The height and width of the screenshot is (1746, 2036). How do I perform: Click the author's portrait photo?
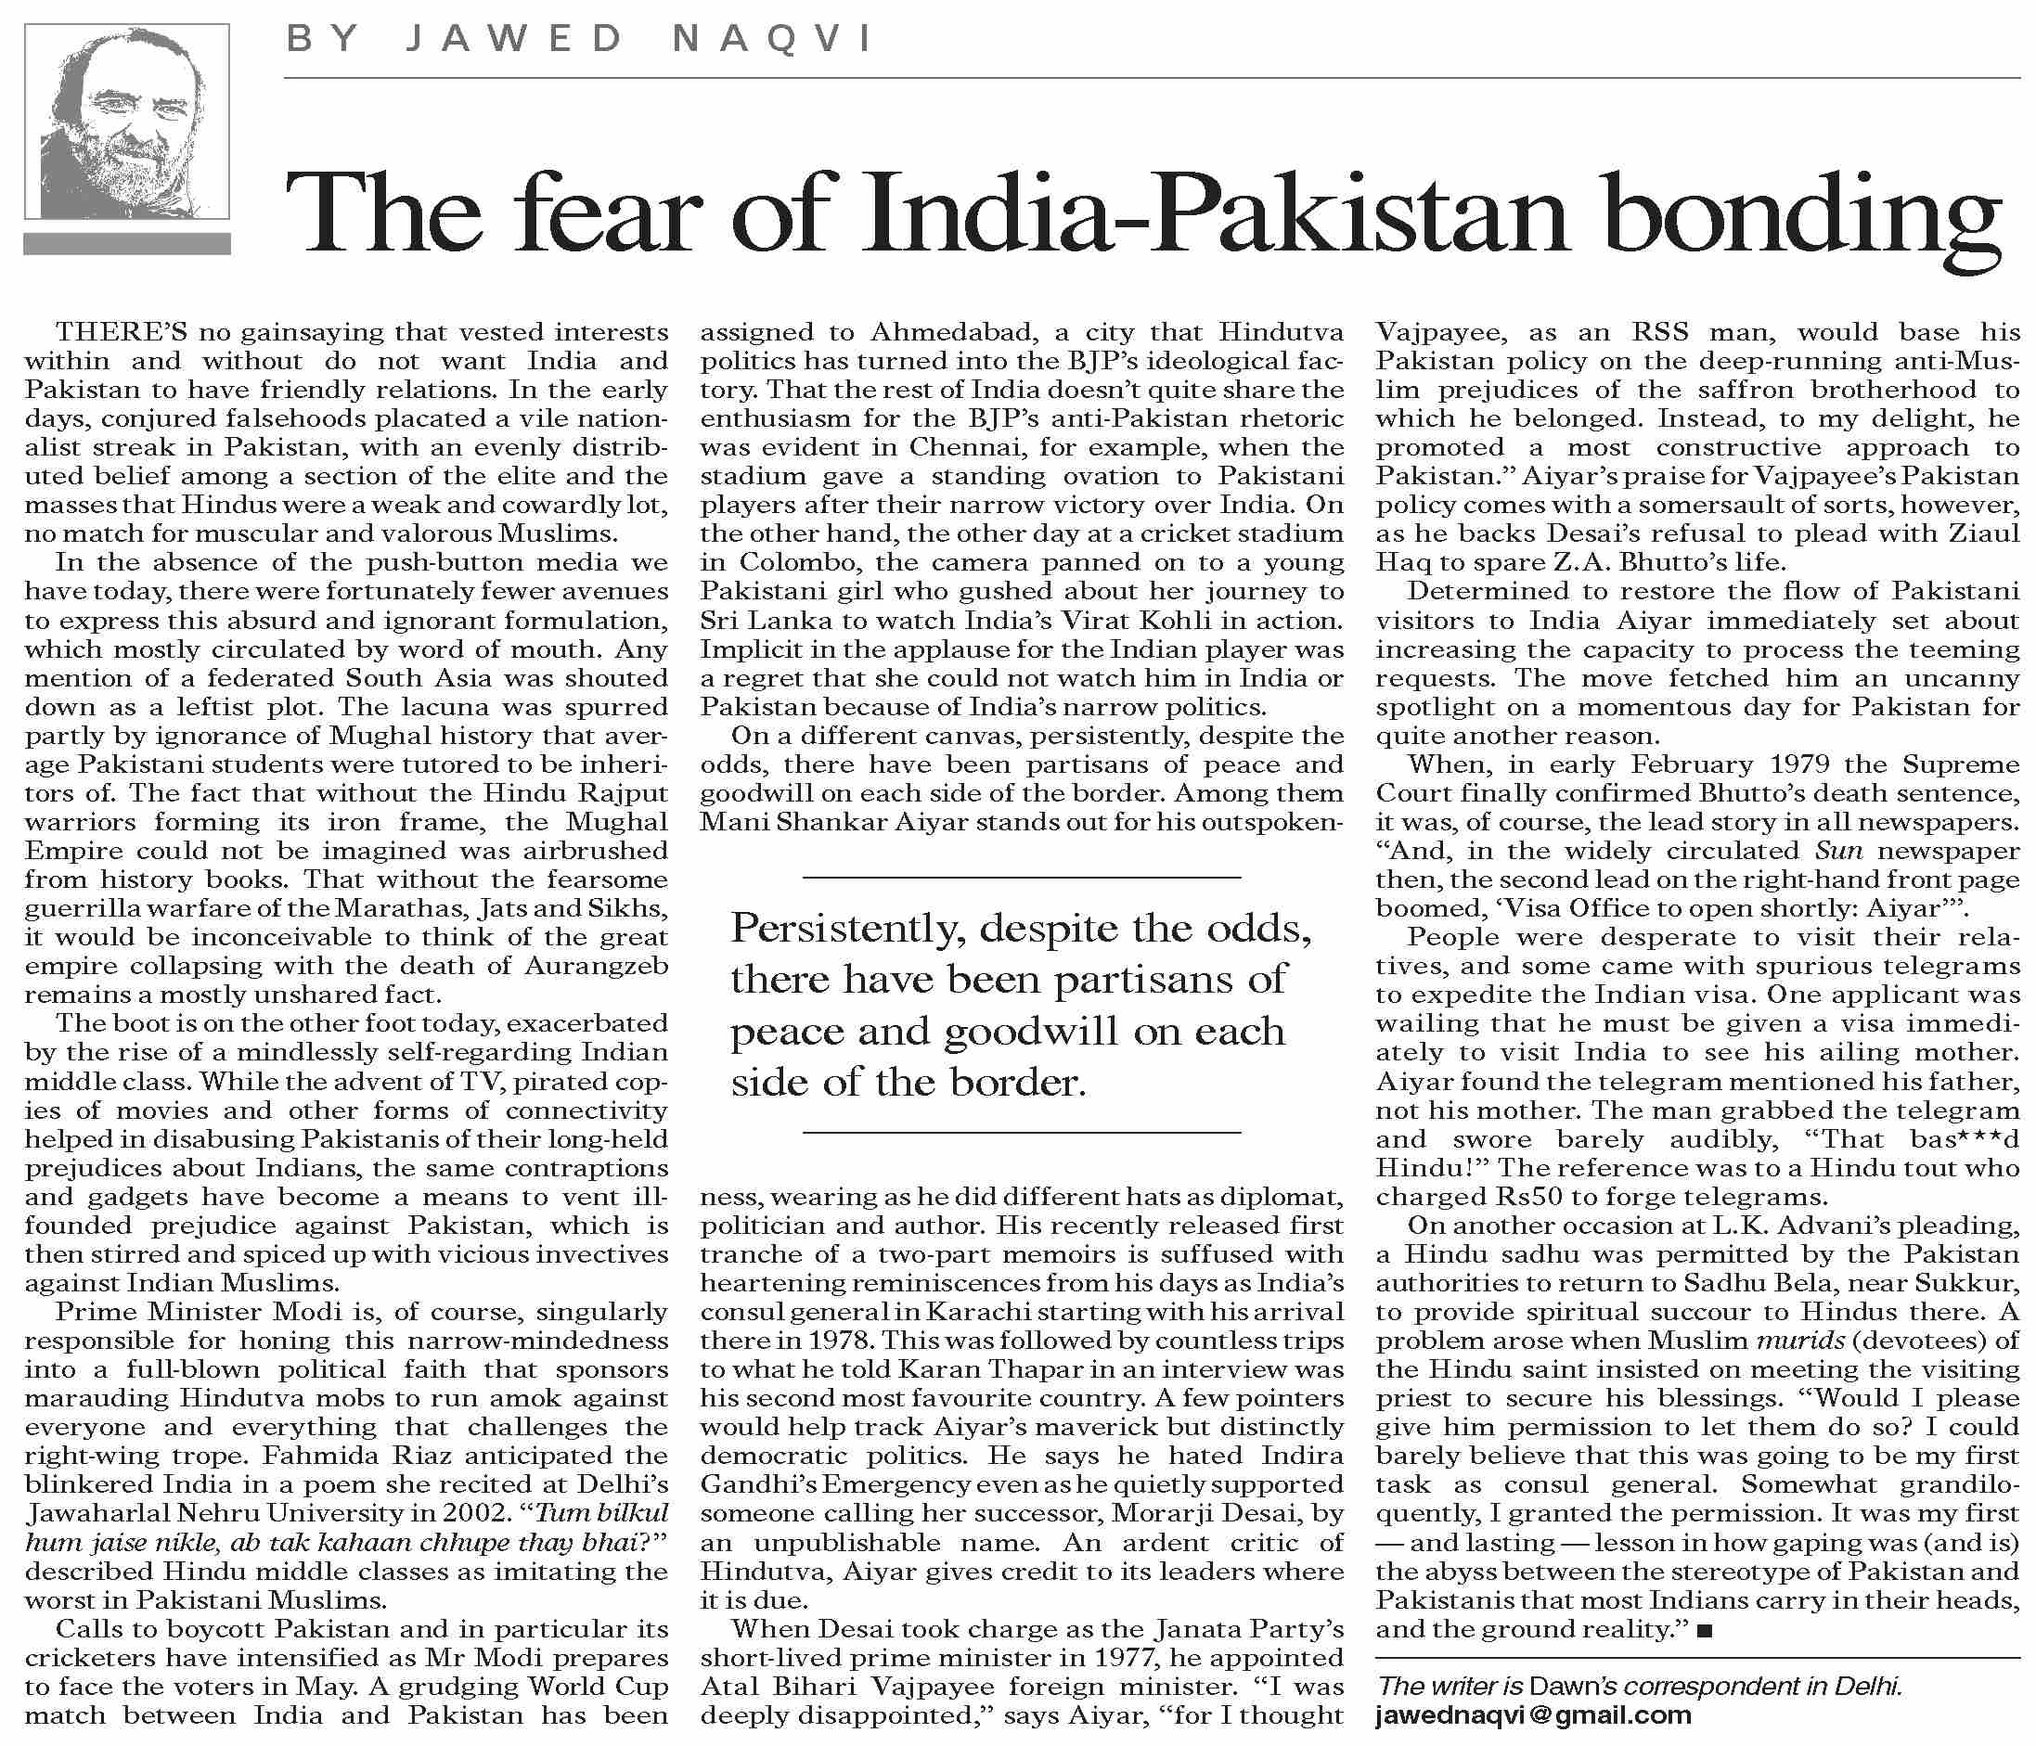tap(127, 121)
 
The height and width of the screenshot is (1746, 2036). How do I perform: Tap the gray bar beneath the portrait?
tap(127, 244)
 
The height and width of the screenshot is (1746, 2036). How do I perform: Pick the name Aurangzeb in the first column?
tap(596, 966)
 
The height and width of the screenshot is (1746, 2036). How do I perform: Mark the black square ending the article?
tap(1705, 1631)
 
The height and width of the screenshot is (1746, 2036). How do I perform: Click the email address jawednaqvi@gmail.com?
tap(1534, 1715)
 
